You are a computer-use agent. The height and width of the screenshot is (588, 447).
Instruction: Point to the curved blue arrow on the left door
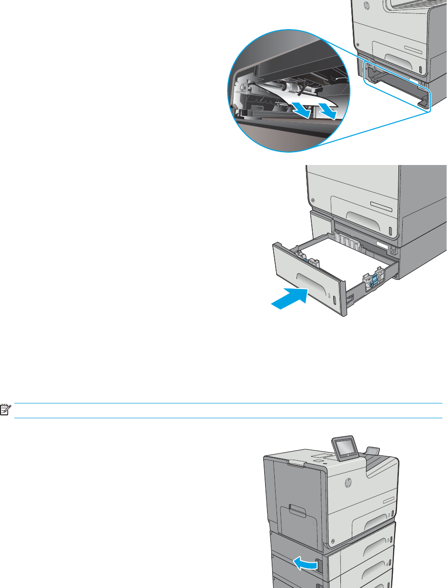(x=306, y=564)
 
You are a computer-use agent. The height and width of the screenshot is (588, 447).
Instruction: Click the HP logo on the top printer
(x=367, y=6)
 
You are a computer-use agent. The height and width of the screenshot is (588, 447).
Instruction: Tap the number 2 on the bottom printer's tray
(x=389, y=515)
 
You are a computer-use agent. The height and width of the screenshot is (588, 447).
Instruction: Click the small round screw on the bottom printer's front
(x=332, y=541)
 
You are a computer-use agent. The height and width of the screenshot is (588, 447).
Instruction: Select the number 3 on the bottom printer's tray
(x=389, y=539)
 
